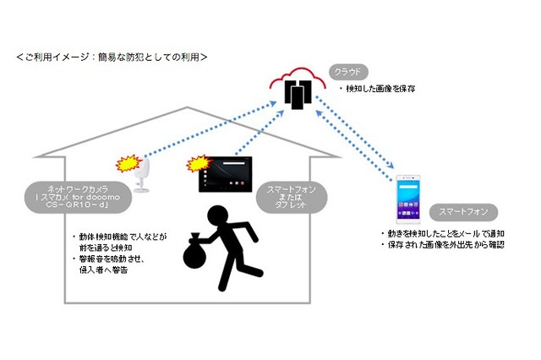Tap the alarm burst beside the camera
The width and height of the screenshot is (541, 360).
click(x=128, y=161)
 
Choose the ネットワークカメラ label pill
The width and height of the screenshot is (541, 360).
click(x=83, y=195)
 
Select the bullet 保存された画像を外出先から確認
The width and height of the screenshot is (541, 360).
click(x=440, y=246)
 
